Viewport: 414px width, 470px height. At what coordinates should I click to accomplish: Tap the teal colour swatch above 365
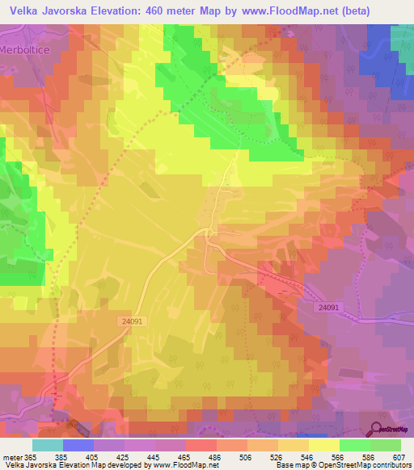(x=47, y=445)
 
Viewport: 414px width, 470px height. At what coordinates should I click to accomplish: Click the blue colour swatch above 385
(x=78, y=445)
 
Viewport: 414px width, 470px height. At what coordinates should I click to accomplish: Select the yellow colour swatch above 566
(x=324, y=445)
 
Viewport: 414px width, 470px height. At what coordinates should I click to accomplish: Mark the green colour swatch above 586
(x=355, y=445)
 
